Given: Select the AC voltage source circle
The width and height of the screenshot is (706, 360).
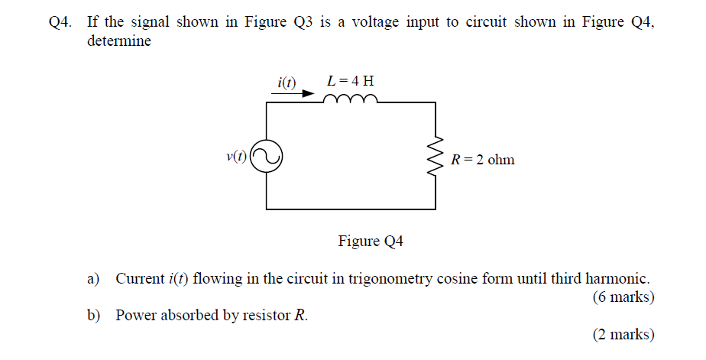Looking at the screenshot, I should pos(267,157).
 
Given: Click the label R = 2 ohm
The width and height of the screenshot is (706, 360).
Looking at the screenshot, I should pos(483,160).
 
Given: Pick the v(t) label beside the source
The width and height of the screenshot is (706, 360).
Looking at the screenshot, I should pos(237,157).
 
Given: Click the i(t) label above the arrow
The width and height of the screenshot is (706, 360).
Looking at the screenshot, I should pos(287,81).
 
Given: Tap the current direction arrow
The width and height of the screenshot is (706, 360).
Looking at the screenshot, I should pos(293,95).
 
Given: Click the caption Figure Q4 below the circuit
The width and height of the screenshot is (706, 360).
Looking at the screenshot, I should pos(371,242).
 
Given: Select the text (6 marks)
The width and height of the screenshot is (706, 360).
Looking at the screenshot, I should pos(623,297).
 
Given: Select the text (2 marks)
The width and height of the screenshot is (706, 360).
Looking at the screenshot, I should pos(623,334).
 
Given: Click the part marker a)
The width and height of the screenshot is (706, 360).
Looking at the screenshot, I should pos(94,278).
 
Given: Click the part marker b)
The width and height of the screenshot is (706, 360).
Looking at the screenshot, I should pos(94,315).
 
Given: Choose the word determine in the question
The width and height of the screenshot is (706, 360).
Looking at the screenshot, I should pos(119,41).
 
